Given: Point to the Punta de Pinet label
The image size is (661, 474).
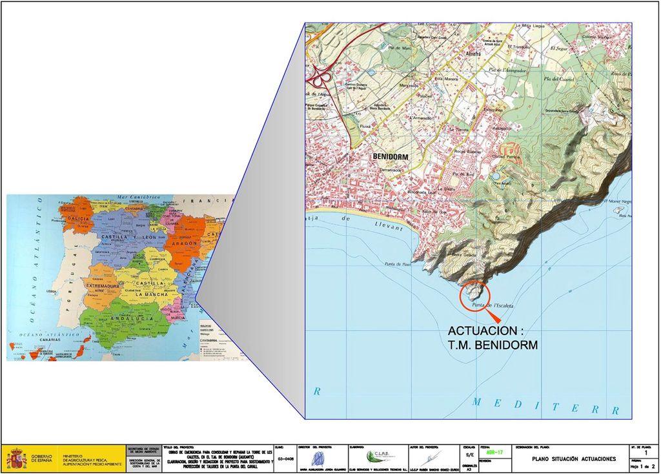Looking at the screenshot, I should coord(398,263).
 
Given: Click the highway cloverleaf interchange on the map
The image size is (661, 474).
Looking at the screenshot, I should coord(318,79).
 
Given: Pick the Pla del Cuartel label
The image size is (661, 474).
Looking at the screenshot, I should coord(560,79).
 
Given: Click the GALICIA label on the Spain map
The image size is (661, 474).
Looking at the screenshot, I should coord(77,219).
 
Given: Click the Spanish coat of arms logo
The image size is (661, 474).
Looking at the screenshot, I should coord(17,459).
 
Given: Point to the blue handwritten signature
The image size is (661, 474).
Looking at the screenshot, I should coord(320,457).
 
